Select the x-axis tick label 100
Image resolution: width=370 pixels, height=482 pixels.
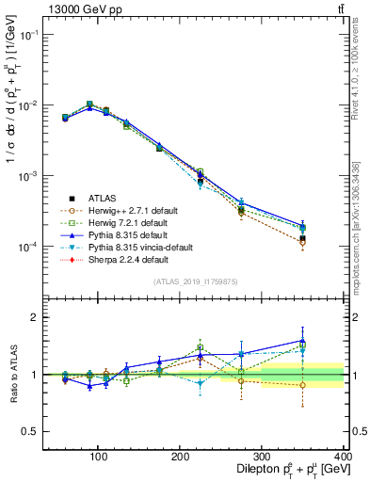click(x=97, y=456)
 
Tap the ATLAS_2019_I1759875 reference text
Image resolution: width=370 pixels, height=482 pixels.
click(x=195, y=281)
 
